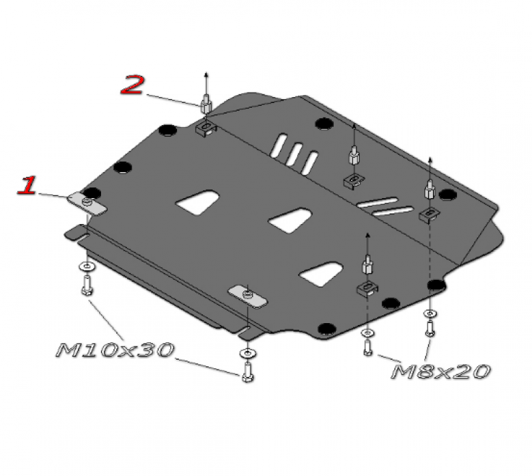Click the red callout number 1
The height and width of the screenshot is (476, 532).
27,185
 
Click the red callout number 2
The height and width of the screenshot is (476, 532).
132,85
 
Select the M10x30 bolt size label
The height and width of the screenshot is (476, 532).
115,350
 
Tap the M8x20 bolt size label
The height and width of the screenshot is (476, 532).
441,372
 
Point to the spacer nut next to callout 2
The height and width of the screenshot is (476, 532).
206,104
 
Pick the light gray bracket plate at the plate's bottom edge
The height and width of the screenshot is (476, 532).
247,297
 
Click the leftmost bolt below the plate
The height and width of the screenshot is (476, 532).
87,285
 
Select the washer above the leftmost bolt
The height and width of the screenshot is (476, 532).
87,267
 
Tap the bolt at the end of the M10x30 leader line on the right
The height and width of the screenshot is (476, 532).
248,372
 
